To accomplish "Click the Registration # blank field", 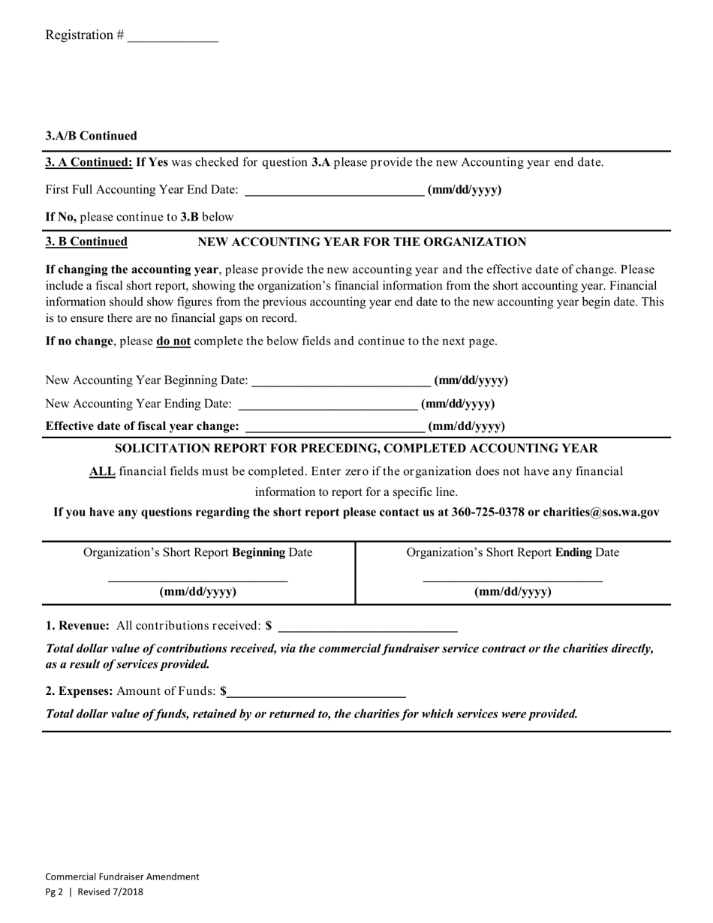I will (173, 36).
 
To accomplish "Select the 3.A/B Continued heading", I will (92, 136).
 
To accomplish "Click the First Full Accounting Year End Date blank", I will (334, 190).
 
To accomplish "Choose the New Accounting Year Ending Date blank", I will (327, 404).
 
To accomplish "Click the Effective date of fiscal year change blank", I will (335, 426).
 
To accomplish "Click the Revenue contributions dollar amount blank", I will (368, 626).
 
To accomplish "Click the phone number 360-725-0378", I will (487, 513).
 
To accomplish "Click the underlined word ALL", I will (102, 471).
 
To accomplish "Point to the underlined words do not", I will (173, 341).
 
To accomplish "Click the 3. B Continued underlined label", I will (86, 242).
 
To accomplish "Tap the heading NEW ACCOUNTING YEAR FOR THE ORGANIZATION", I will (361, 242).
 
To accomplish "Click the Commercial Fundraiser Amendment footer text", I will (122, 876).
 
